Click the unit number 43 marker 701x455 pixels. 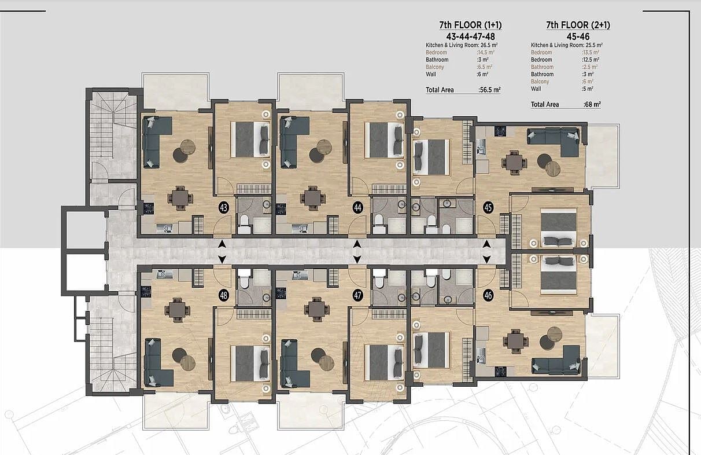pyautogui.click(x=223, y=208)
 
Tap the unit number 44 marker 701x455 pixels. pyautogui.click(x=357, y=208)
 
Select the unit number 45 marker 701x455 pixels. pyautogui.click(x=488, y=208)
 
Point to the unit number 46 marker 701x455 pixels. pyautogui.click(x=488, y=295)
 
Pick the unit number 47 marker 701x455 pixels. pyautogui.click(x=357, y=295)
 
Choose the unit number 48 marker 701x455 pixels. pyautogui.click(x=223, y=295)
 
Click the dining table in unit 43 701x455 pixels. pyautogui.click(x=180, y=198)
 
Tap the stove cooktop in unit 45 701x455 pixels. pyautogui.click(x=500, y=131)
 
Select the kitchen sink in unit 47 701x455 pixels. pyautogui.click(x=300, y=275)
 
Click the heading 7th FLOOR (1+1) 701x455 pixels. pyautogui.click(x=470, y=25)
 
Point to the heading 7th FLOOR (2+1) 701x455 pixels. pyautogui.click(x=578, y=25)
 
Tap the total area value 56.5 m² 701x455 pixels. pyautogui.click(x=489, y=90)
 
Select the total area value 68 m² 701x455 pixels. pyautogui.click(x=592, y=105)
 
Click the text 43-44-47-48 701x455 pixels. pyautogui.click(x=470, y=36)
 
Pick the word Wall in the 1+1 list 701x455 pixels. pyautogui.click(x=431, y=75)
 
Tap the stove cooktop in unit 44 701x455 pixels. pyautogui.click(x=281, y=209)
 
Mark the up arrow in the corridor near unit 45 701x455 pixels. pyautogui.click(x=486, y=244)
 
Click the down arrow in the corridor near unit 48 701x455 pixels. pyautogui.click(x=222, y=259)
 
